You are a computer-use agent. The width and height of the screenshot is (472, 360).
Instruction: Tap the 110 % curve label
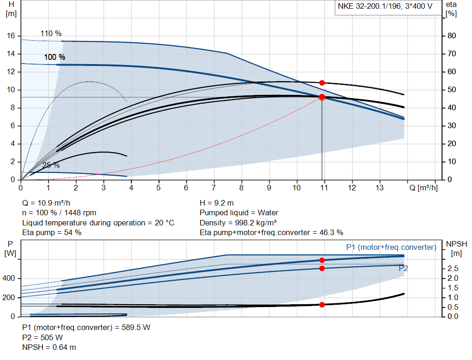click(x=51, y=34)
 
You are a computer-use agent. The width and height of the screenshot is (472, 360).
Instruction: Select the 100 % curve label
click(x=54, y=57)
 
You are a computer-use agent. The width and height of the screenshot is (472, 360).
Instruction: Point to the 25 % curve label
click(x=51, y=165)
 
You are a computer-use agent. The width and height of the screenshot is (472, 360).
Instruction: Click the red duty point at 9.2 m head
click(x=322, y=97)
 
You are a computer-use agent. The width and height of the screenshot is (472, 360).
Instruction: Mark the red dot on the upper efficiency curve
click(x=322, y=83)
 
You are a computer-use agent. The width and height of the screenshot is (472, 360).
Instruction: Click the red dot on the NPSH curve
click(x=322, y=305)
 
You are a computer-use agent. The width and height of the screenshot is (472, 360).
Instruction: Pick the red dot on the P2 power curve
click(x=322, y=268)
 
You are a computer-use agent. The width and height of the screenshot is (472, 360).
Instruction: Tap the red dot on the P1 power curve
click(x=322, y=260)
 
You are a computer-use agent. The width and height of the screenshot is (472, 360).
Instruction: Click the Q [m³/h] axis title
click(x=423, y=188)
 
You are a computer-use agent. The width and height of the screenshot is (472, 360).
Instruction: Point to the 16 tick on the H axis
click(x=12, y=36)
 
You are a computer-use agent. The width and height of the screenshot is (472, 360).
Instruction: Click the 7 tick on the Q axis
click(x=214, y=188)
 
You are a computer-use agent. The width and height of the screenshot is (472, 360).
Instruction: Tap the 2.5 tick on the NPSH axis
click(x=453, y=268)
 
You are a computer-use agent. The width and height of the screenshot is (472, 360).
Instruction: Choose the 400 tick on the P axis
click(x=11, y=278)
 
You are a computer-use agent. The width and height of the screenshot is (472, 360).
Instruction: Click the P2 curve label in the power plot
click(x=403, y=268)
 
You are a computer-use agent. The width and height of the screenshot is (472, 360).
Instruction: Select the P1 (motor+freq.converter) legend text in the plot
click(x=391, y=248)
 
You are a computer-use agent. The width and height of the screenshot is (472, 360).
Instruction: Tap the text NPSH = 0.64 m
click(x=49, y=347)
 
